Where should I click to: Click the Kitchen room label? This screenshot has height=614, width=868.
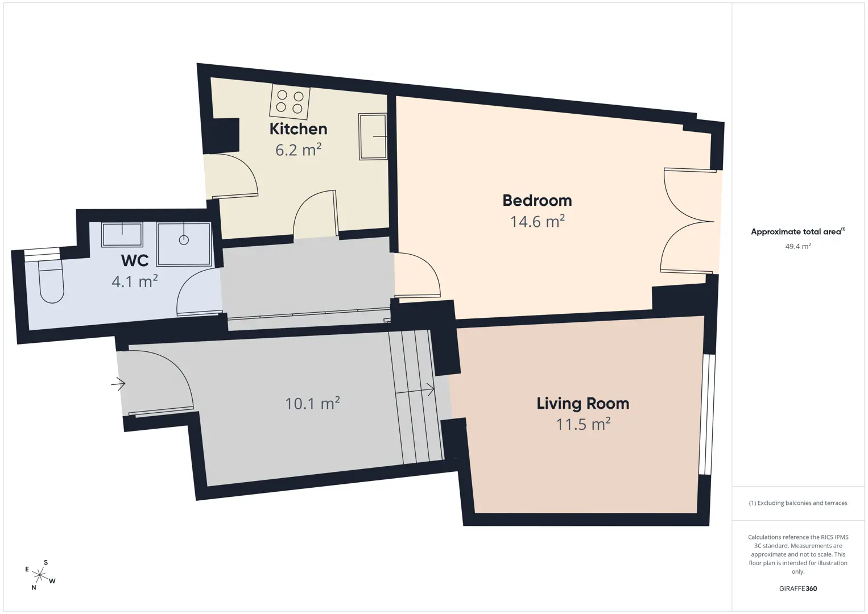[x=299, y=129]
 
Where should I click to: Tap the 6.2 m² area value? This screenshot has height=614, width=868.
[x=299, y=150]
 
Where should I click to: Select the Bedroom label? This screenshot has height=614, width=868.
[x=537, y=200]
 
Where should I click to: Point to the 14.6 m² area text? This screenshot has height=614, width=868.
[x=537, y=221]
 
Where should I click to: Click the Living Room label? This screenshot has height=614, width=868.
[x=583, y=404]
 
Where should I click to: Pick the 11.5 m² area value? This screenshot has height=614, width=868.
[x=583, y=424]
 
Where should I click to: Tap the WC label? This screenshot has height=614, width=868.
[x=135, y=261]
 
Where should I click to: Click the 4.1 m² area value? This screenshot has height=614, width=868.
[x=135, y=281]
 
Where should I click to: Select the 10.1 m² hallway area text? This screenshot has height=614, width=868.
[x=312, y=403]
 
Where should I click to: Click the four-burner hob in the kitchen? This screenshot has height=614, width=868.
[x=290, y=102]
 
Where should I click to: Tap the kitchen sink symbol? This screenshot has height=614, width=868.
[x=373, y=136]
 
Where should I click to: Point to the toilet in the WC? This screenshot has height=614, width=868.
[x=51, y=281]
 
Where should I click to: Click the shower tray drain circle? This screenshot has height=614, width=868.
[x=184, y=240]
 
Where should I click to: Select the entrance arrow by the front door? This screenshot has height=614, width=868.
[x=118, y=384]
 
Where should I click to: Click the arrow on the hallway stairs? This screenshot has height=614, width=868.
[x=415, y=390]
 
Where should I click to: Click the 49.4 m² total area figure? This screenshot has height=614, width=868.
[x=798, y=246]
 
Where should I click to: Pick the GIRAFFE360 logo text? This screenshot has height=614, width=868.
[x=798, y=588]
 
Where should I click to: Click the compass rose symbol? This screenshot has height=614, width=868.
[x=39, y=575]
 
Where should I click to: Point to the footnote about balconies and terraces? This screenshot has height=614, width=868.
[x=798, y=503]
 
